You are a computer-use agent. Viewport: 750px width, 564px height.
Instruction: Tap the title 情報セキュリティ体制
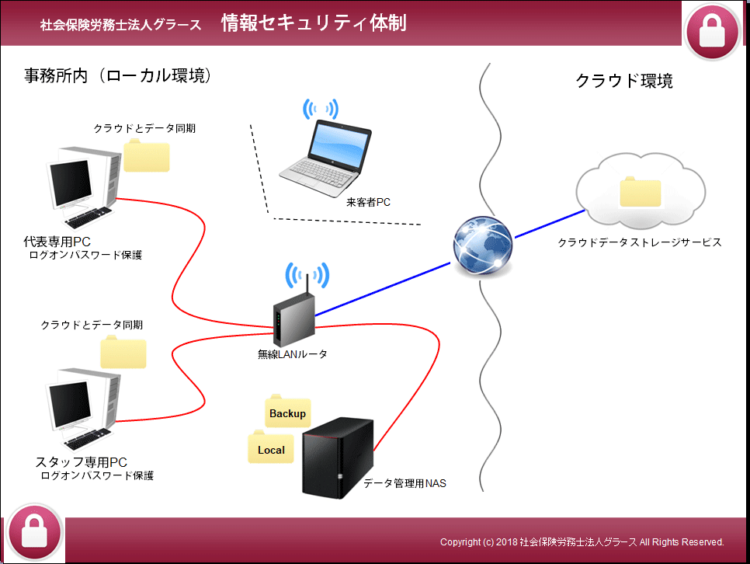coord(314,23)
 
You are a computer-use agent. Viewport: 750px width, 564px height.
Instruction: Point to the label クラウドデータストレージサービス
coord(640,242)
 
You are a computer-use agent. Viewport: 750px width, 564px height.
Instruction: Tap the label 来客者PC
coord(368,202)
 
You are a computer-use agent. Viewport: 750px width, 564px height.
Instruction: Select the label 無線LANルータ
coord(293,354)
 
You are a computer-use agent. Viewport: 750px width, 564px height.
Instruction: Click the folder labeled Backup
coord(287,413)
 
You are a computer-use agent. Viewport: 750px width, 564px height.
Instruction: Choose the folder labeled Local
coord(271,449)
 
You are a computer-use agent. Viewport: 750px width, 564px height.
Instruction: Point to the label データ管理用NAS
coord(405,483)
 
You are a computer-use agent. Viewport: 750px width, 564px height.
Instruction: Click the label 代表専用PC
coord(57,242)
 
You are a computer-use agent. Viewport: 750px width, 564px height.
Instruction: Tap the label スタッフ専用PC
coord(82,462)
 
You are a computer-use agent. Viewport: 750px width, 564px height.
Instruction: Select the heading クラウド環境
coord(623,80)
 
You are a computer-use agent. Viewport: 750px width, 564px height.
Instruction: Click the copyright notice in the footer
coord(582,541)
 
